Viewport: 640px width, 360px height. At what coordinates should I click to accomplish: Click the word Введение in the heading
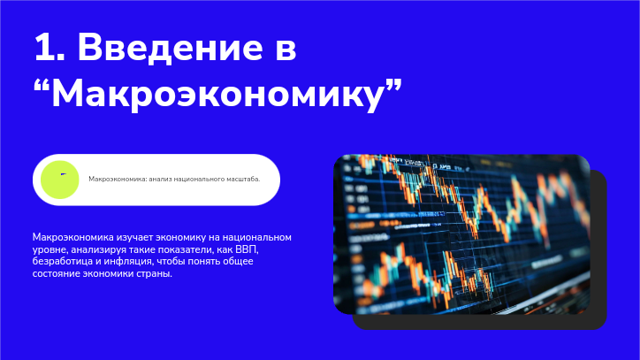171,49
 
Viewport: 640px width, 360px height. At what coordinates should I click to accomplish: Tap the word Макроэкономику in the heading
217,95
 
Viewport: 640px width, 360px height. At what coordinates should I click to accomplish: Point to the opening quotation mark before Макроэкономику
42,85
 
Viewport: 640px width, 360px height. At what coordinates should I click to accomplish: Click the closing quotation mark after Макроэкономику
394,85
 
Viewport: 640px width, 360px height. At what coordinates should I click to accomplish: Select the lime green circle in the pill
59,180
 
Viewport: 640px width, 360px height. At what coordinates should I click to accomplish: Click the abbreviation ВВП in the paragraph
246,249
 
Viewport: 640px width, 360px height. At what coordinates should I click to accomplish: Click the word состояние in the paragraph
56,273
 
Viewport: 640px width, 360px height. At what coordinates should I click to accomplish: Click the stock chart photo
461,234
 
